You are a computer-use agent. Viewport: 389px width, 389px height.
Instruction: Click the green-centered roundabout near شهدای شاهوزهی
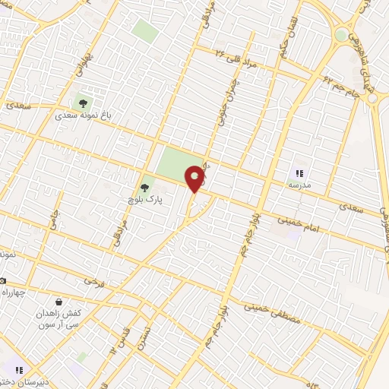click(341, 35)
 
